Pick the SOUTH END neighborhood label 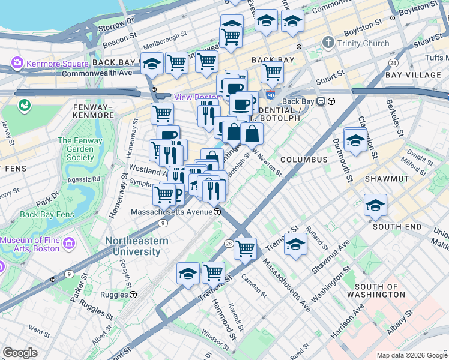(397, 227)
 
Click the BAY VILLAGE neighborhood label (413, 75)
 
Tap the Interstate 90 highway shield (271, 95)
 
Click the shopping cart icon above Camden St (245, 248)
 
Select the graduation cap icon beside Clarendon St (355, 140)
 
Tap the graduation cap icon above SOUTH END (375, 206)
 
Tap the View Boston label (197, 98)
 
